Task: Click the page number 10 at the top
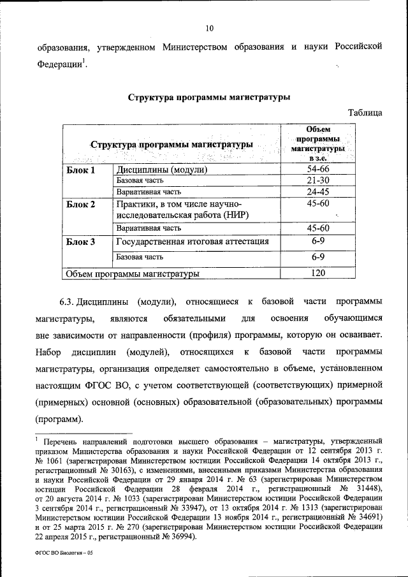tap(210, 27)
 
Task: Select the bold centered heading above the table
tap(209, 98)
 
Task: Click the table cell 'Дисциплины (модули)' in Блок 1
tap(162, 170)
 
